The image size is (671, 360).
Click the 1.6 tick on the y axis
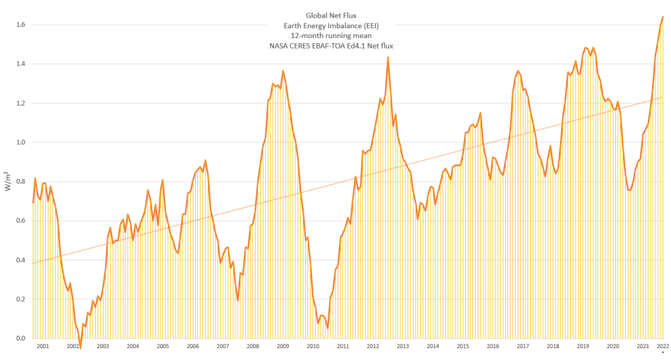pos(21,25)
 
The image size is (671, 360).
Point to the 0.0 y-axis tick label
pos(21,338)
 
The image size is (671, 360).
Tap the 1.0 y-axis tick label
pos(21,142)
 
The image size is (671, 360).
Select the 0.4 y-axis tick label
pos(21,260)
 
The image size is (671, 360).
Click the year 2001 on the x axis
pos(43,346)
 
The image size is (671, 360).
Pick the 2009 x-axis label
pos(282,346)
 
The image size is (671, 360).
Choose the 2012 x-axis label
pos(373,346)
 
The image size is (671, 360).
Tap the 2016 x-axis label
pos(493,346)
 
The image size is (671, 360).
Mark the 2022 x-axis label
pos(662,346)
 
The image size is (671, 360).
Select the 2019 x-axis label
pos(583,346)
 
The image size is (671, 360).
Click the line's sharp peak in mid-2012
pos(388,57)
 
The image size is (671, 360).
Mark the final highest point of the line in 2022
pos(663,17)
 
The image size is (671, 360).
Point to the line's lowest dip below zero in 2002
pos(81,348)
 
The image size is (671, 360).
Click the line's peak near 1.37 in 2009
pos(283,71)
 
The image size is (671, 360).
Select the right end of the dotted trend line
pos(663,97)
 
